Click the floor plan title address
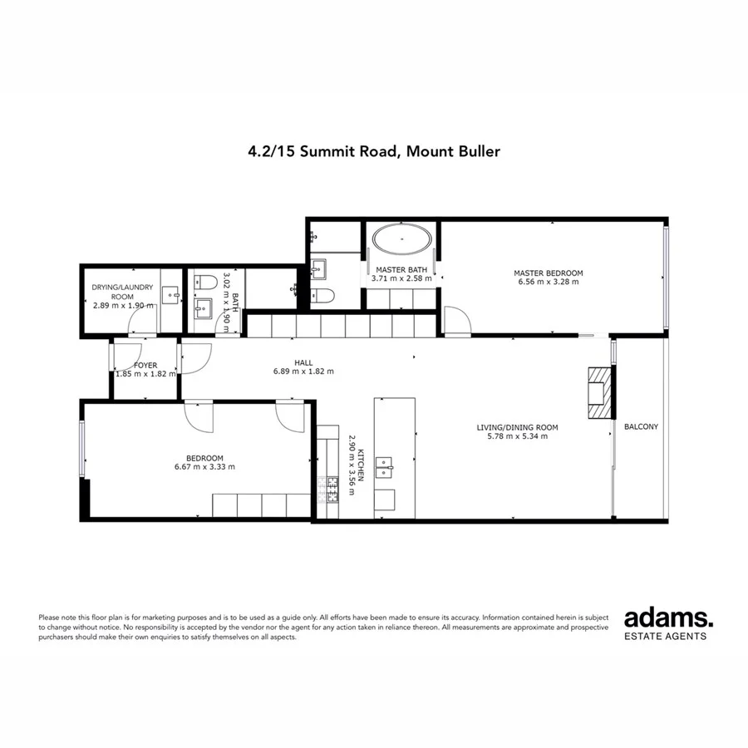pos(373,152)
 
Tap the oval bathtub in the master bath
pos(402,242)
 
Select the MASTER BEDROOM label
pos(548,273)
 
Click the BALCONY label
pos(641,427)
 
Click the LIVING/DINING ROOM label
pos(517,428)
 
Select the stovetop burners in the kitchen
pos(332,489)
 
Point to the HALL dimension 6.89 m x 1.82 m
pos(303,372)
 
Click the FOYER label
pos(146,365)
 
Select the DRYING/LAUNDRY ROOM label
pos(122,292)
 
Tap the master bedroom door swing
pos(455,320)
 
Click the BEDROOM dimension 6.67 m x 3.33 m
pos(199,467)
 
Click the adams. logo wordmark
pos(668,618)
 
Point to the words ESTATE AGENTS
pos(666,637)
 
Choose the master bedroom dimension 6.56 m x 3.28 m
pos(548,282)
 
